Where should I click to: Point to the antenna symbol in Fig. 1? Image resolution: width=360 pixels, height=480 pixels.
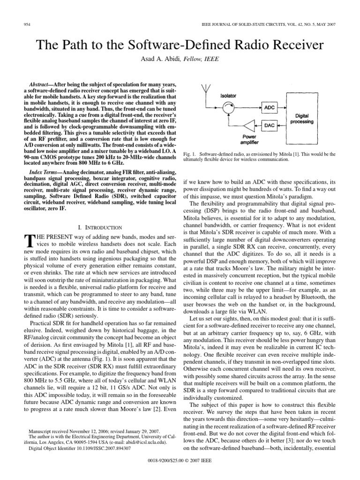tap(206, 89)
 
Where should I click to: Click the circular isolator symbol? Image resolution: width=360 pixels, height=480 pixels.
tap(228, 108)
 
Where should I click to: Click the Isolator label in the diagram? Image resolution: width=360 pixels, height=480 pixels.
tap(228, 95)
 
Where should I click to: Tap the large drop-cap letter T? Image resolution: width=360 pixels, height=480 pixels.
tap(29, 241)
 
